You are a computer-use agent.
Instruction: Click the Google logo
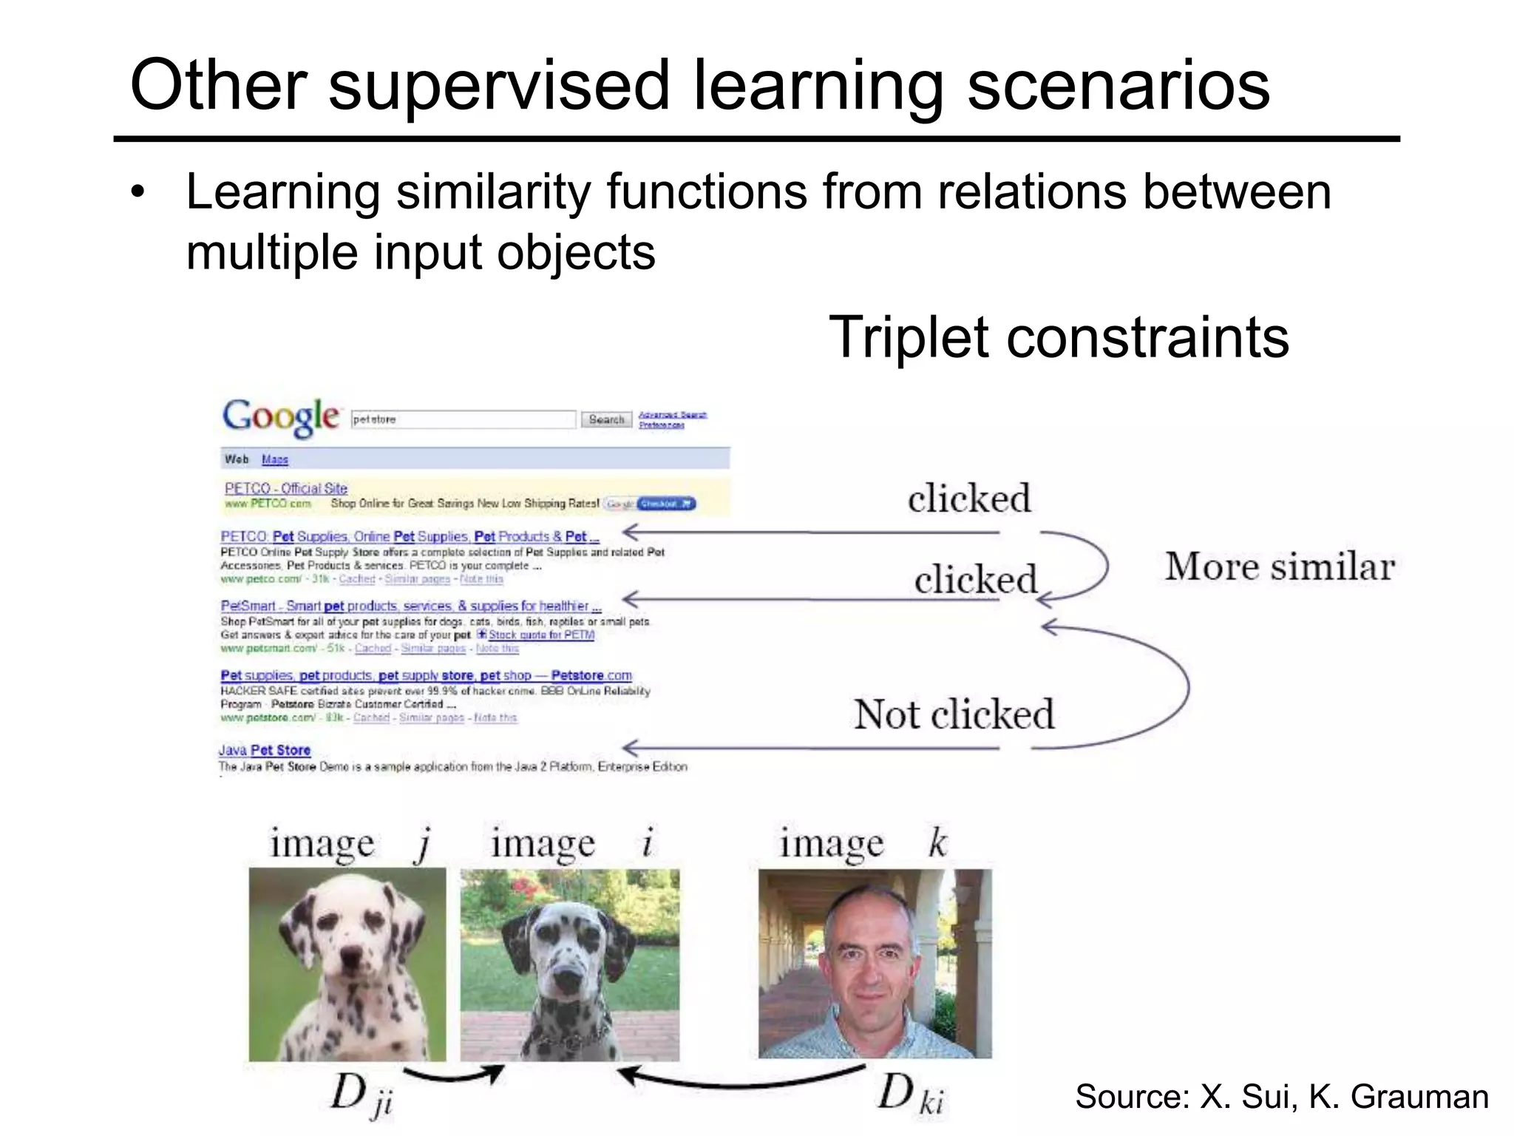281,416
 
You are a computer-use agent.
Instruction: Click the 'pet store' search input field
463,419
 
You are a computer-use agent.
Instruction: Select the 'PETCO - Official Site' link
285,488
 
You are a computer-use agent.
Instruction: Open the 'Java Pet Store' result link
265,750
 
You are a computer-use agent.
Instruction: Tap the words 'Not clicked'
954,714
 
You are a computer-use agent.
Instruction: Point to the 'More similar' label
1280,567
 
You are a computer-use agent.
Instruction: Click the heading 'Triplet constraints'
1059,337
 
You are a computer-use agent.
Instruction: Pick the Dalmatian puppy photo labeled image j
347,964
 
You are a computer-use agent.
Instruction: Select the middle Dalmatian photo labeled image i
569,964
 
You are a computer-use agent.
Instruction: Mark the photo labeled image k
875,963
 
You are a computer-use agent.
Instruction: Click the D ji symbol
361,1094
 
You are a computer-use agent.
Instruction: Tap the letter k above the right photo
937,842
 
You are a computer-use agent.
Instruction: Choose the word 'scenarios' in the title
1118,86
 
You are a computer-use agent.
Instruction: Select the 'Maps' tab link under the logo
274,459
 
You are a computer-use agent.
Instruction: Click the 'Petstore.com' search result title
426,675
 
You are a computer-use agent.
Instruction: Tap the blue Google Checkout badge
665,504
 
